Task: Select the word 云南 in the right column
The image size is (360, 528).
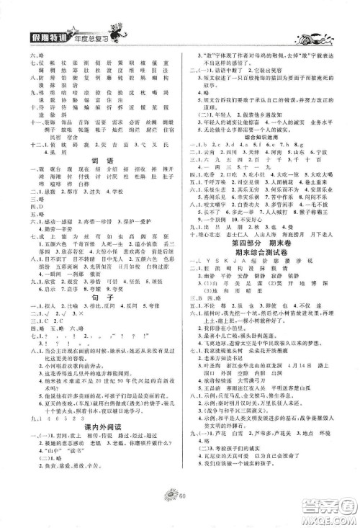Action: click(x=207, y=154)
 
